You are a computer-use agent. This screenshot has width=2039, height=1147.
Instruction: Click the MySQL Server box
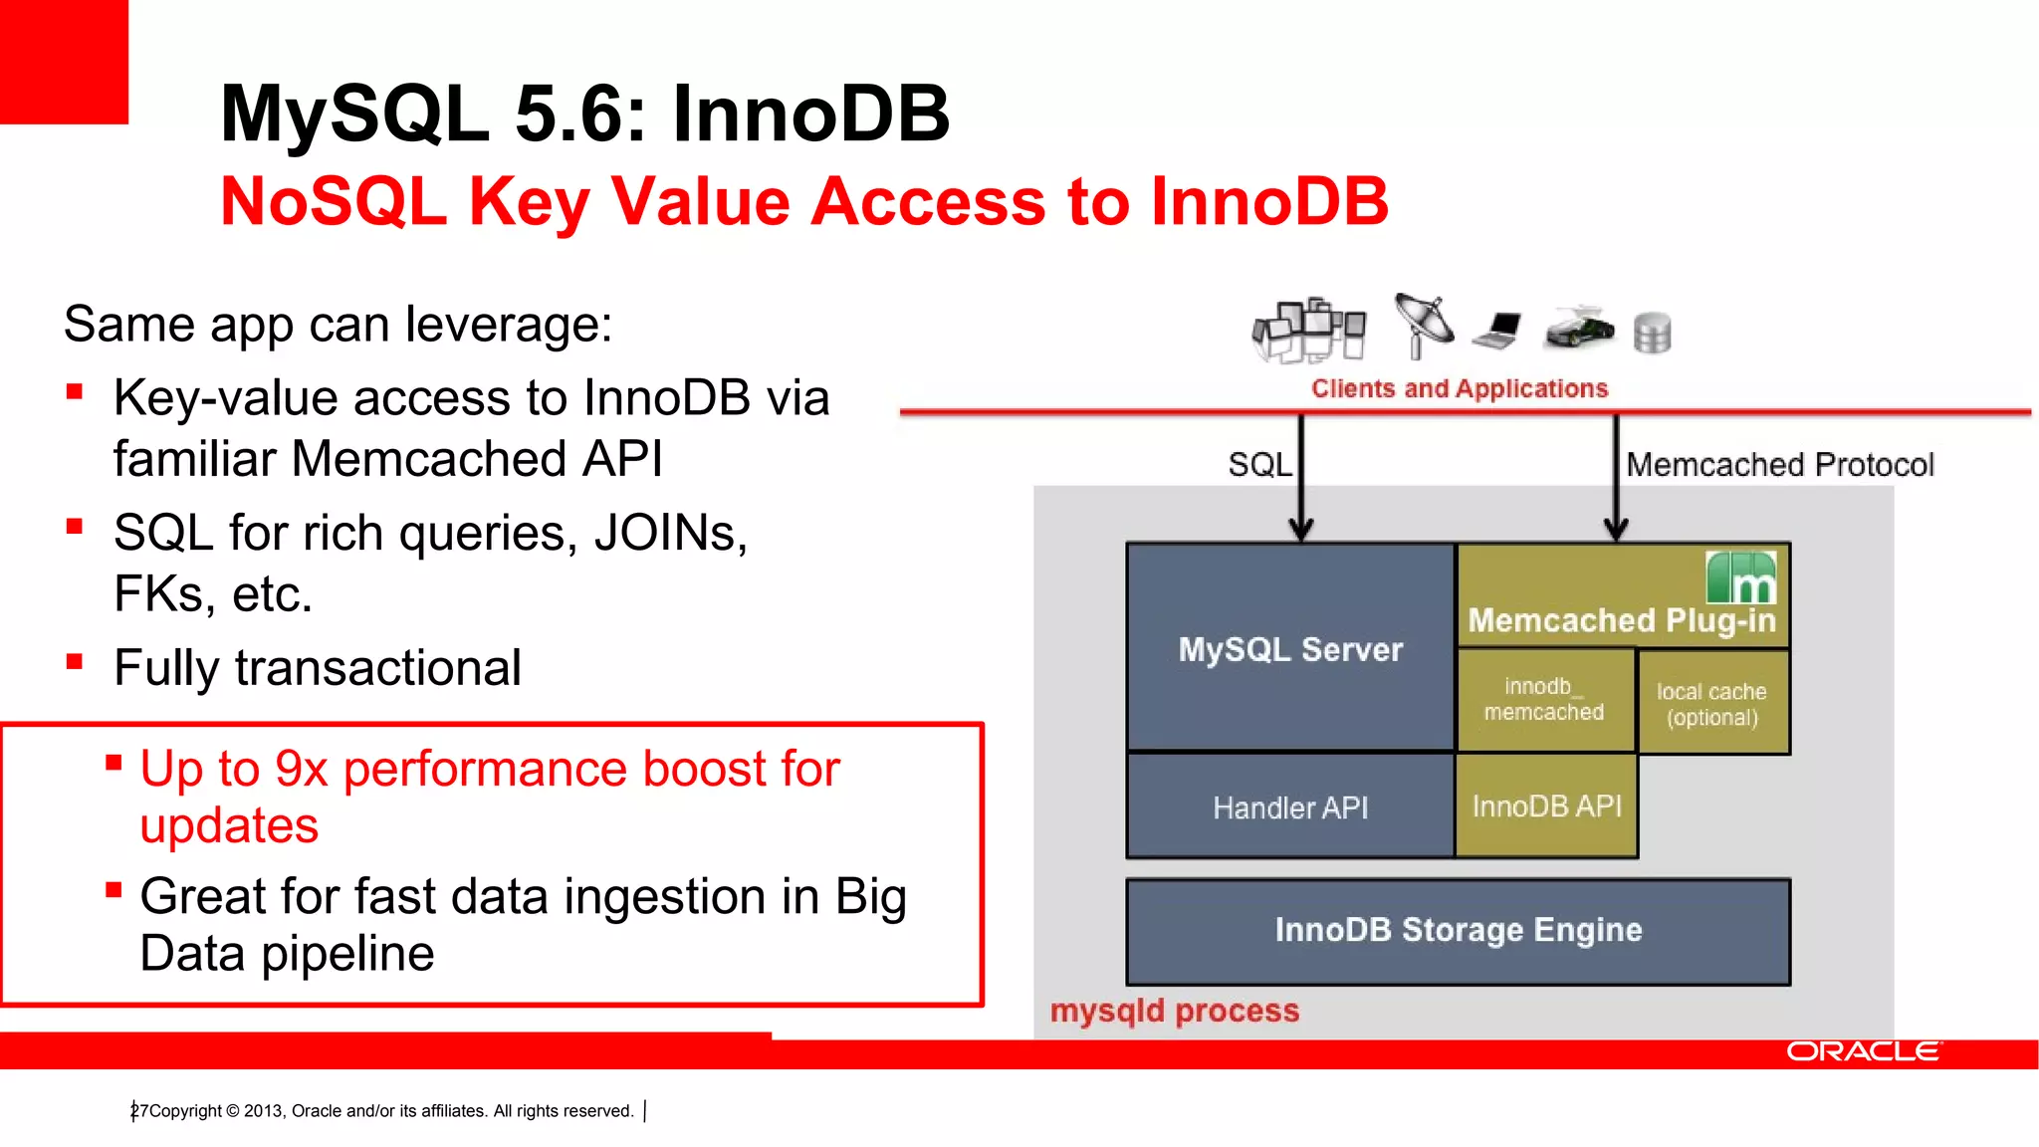click(1290, 648)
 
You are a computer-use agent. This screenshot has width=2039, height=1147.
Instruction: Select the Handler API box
click(1290, 806)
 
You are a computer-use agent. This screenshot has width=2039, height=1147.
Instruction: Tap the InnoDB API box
click(1546, 805)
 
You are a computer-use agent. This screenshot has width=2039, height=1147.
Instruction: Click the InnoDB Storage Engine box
click(1458, 930)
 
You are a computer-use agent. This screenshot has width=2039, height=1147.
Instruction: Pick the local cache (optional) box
click(1711, 703)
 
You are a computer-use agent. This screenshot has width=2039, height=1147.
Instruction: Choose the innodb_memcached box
click(1544, 699)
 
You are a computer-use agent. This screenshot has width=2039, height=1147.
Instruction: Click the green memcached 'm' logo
click(1740, 578)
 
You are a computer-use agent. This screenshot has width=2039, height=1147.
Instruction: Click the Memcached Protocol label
click(1779, 464)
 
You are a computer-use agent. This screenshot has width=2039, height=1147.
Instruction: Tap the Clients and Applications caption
click(1459, 388)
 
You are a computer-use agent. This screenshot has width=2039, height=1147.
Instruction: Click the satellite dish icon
click(1424, 325)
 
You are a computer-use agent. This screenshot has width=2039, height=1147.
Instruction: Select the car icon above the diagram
click(1579, 328)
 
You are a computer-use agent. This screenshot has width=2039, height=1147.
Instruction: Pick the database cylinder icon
click(1652, 334)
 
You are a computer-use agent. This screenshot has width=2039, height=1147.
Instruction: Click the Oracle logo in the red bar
click(1862, 1051)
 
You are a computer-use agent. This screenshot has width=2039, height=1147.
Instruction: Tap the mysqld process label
click(1174, 1011)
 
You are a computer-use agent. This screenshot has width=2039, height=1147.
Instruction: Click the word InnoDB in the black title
click(810, 114)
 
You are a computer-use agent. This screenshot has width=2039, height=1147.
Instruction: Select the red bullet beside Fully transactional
click(75, 661)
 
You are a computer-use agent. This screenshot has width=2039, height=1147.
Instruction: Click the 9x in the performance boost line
click(301, 769)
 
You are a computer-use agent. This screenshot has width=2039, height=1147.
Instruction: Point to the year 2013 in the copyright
click(264, 1111)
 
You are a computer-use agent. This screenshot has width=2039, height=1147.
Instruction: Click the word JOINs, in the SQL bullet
click(670, 533)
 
